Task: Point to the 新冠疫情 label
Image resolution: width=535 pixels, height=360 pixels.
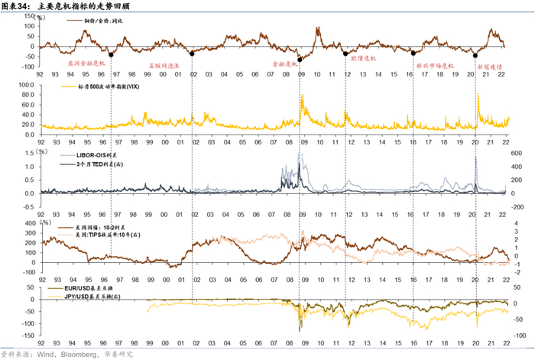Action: click(489, 66)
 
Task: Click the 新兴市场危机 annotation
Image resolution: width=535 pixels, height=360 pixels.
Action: click(435, 66)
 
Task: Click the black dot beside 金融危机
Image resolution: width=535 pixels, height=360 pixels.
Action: click(300, 60)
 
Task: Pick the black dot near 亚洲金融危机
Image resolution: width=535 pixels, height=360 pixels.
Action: click(112, 54)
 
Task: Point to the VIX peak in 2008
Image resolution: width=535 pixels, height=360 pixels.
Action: click(303, 95)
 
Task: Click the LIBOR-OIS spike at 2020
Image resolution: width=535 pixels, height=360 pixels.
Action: click(476, 157)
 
